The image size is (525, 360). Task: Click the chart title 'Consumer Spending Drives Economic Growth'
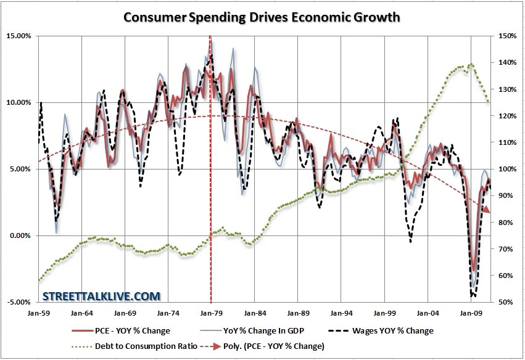tap(262, 17)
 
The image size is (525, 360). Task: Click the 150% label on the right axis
tap(505, 36)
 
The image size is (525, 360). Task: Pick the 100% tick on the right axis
tap(505, 169)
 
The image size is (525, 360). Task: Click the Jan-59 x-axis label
tap(38, 313)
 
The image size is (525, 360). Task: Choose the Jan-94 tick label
tap(341, 313)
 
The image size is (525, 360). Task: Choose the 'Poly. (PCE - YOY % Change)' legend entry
tap(271, 346)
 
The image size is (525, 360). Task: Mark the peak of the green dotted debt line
tap(471, 64)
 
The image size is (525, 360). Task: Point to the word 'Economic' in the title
tap(315, 17)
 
